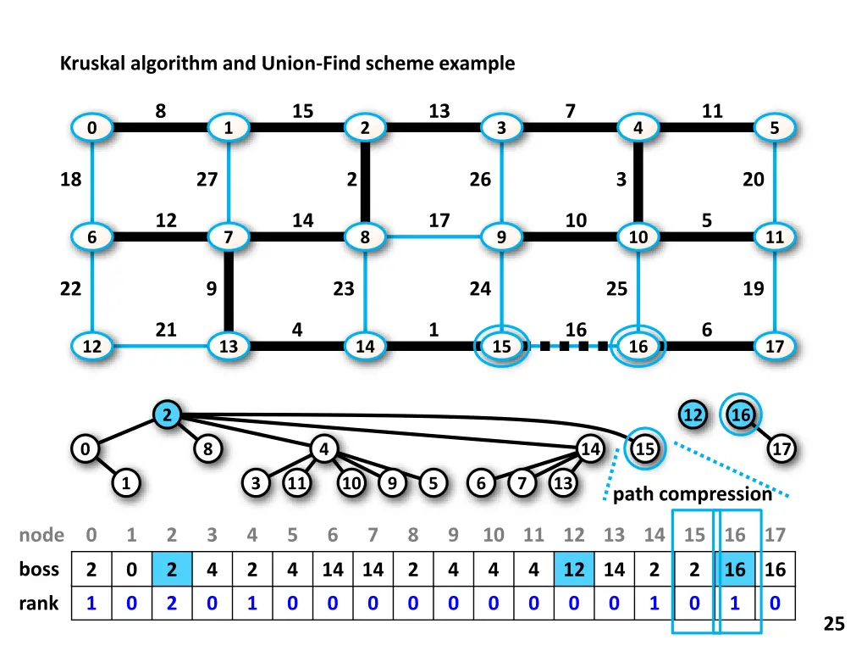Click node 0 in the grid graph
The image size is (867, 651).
[91, 129]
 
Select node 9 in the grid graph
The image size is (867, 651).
[502, 237]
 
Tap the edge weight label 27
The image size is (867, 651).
[207, 180]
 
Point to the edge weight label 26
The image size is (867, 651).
[480, 180]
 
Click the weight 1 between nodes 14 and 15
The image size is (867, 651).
[433, 329]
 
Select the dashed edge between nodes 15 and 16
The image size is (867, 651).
[571, 346]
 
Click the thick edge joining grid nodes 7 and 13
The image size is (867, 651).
[229, 292]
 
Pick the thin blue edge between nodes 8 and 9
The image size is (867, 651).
[433, 237]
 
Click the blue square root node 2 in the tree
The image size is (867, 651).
[168, 415]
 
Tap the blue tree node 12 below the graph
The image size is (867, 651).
[693, 415]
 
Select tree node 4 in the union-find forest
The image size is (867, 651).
[324, 449]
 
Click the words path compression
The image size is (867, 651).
[693, 494]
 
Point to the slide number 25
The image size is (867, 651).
[834, 625]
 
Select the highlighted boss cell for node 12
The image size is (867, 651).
[574, 570]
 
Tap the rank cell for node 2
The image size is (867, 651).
[172, 604]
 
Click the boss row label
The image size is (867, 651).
[39, 570]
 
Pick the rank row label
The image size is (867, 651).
[39, 604]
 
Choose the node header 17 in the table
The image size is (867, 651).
[775, 535]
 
